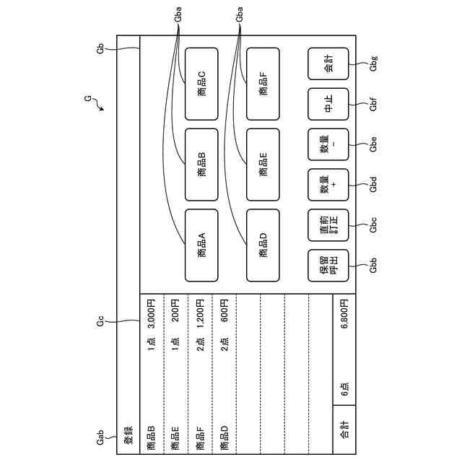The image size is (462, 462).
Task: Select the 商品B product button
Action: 201,165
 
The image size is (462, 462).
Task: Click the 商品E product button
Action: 263,165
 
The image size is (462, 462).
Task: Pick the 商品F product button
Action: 263,84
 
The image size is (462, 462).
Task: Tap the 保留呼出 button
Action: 328,265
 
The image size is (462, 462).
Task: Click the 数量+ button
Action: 328,185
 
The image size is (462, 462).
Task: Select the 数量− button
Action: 328,144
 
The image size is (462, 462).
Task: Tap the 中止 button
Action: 328,104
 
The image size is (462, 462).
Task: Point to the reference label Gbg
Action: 373,65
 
